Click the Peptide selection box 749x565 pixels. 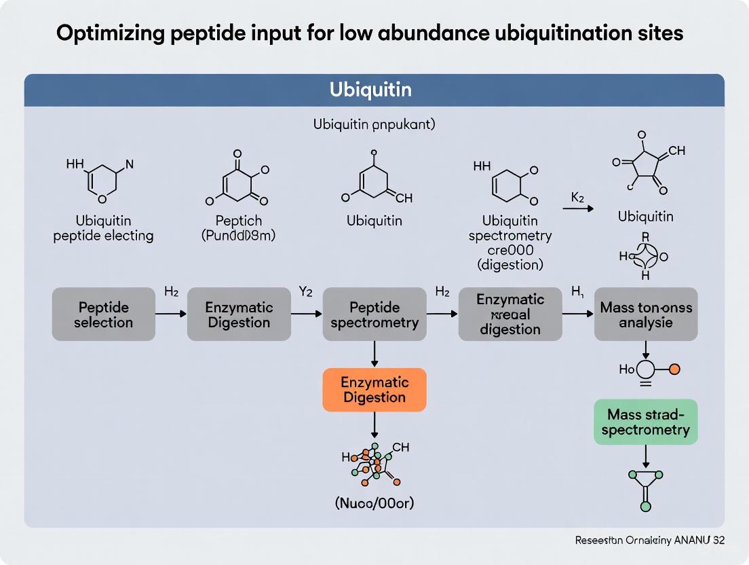[103, 314]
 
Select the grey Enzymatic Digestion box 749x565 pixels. [239, 314]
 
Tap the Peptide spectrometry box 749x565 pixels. [374, 314]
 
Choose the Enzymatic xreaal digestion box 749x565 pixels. [510, 314]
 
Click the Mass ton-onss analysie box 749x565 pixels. [646, 314]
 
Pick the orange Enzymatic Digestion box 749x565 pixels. [374, 390]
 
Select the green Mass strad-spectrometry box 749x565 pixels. [646, 422]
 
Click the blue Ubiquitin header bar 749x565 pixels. [374, 90]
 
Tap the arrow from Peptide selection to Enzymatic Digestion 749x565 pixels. [170, 314]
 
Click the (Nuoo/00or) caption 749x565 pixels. [374, 503]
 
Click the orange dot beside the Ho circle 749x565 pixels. [674, 370]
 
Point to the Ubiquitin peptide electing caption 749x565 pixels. [103, 228]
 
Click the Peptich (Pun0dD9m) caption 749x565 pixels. [238, 228]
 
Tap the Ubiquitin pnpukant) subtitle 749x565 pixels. [374, 125]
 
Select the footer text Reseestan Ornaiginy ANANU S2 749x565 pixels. [649, 541]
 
